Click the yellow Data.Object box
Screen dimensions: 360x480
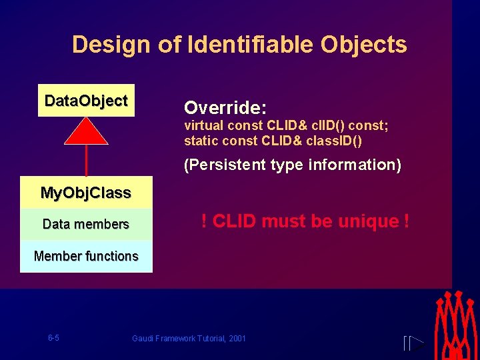[86, 101]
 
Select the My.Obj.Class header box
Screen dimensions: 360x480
[86, 193]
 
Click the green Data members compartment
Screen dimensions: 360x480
[86, 224]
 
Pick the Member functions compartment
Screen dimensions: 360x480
[86, 256]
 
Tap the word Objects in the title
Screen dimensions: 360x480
[363, 45]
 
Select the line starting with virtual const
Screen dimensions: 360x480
[285, 125]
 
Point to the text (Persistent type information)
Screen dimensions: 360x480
[293, 165]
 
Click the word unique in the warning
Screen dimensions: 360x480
[365, 221]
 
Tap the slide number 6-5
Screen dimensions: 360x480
[53, 338]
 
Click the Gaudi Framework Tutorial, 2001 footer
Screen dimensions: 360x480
[189, 339]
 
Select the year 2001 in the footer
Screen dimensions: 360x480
[237, 339]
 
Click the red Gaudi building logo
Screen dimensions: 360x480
[457, 325]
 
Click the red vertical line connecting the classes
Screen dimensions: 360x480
[87, 161]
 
